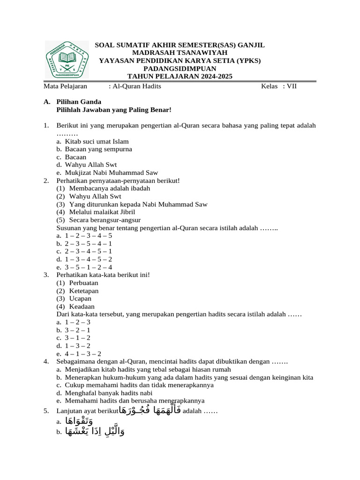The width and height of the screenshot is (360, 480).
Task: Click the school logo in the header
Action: [x=67, y=60]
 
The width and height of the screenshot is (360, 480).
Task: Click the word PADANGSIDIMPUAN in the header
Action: [x=180, y=69]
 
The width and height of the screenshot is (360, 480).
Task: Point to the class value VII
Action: [x=292, y=86]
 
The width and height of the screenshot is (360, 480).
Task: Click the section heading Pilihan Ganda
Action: [x=78, y=102]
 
